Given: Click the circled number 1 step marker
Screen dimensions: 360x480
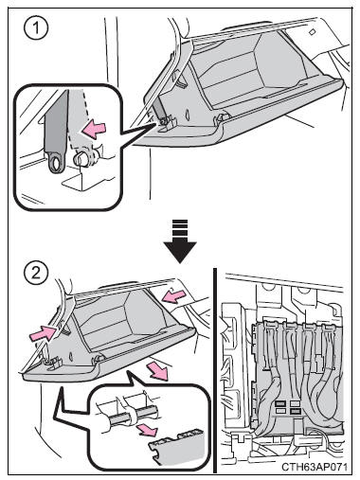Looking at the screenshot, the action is [36, 27].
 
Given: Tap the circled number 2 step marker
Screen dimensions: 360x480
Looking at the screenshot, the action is [36, 272].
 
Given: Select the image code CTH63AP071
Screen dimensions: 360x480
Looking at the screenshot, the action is [315, 467].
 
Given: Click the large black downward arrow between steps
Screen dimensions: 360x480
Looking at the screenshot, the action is [180, 240].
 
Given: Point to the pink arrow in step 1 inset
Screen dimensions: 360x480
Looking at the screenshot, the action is [94, 130].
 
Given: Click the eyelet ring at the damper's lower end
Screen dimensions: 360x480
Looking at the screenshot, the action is [57, 163].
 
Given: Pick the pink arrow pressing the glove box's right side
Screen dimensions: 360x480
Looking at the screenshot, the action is [174, 297].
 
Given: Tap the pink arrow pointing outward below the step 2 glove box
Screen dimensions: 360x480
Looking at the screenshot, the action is [159, 371].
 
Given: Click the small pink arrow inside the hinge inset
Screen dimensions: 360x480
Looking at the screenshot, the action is [147, 430].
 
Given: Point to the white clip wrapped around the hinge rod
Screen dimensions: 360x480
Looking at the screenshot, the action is [132, 418].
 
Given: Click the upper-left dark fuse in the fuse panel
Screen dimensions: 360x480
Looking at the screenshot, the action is [280, 403].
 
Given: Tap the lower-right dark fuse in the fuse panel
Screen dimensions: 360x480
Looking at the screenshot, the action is [295, 411].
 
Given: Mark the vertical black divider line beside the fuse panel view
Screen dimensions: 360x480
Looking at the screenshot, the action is [215, 370].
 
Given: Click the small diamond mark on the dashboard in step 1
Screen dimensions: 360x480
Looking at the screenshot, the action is [312, 31].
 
